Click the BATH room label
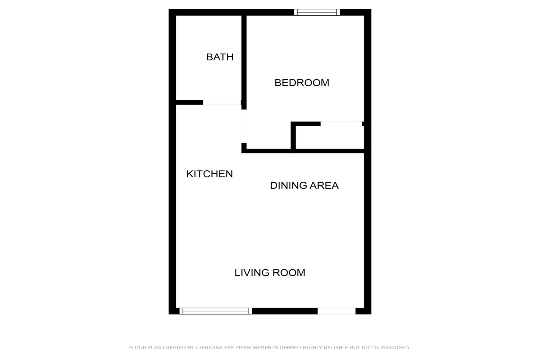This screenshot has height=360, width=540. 220,57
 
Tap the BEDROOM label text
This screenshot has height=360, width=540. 302,83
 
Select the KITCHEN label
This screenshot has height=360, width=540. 210,174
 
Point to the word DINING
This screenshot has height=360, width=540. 288,186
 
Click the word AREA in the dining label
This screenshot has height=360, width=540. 324,186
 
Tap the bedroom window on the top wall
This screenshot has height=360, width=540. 317,12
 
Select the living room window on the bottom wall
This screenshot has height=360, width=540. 216,311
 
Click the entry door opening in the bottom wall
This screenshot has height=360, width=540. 336,311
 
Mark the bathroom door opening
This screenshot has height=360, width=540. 222,102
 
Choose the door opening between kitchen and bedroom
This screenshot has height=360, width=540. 244,126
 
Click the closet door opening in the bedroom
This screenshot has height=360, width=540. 341,124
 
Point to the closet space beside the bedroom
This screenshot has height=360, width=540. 330,138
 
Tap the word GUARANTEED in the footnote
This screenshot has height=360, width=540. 392,348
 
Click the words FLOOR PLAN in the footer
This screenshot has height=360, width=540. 145,348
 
